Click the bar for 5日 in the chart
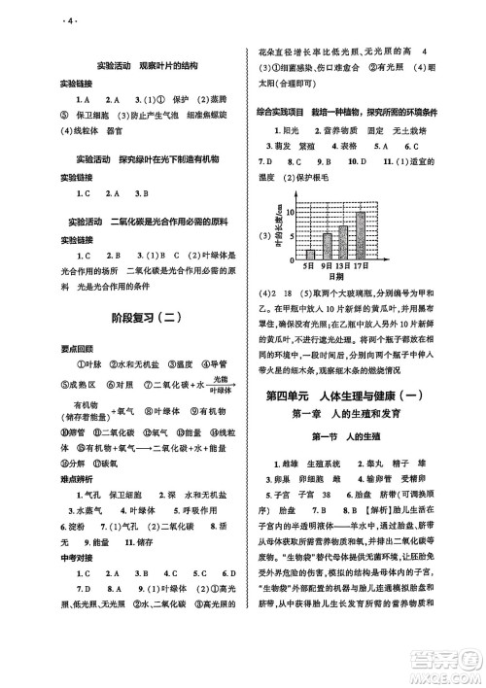point(310,256)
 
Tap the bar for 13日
point(343,242)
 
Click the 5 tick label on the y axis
point(292,236)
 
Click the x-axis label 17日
point(361,266)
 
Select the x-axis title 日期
point(336,277)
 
